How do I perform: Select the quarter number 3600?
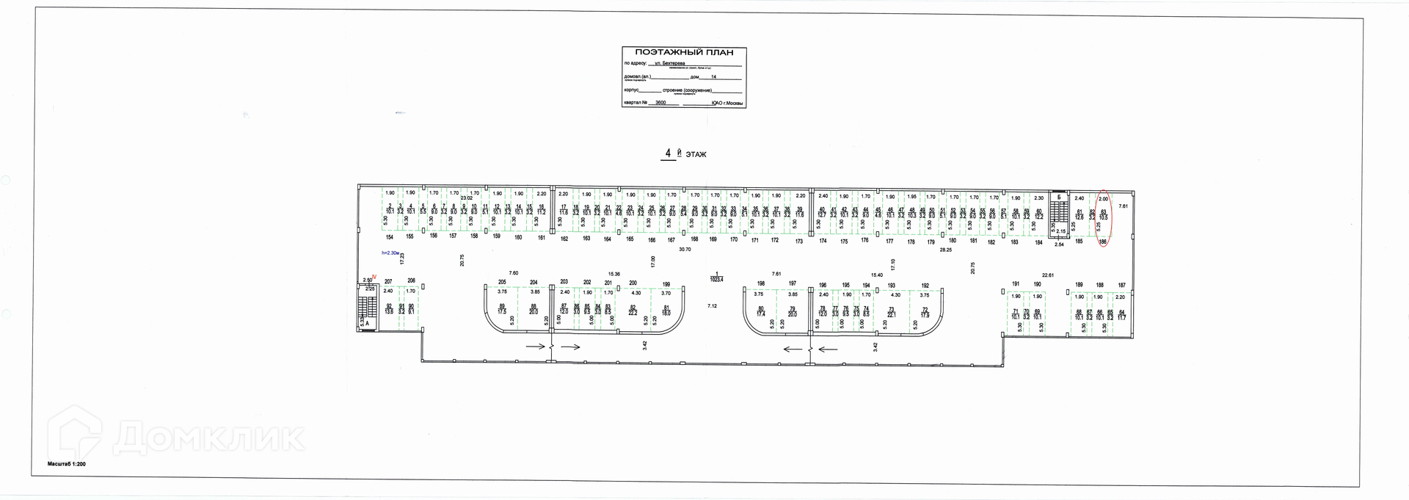pos(660,104)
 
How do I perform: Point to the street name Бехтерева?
pos(665,63)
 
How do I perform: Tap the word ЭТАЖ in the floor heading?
pos(696,154)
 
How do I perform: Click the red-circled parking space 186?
pos(1103,241)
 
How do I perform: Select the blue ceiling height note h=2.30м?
pos(390,253)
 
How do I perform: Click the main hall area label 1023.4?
pos(716,279)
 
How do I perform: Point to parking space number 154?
pos(390,237)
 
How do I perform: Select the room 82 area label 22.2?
pos(633,312)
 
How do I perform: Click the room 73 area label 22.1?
pos(892,314)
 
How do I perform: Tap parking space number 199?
pos(666,284)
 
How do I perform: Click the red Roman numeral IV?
pos(374,278)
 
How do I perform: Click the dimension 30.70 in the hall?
pos(685,250)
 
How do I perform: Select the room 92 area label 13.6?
pos(389,312)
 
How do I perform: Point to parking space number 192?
pos(925,286)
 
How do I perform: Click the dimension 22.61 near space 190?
pos(1048,275)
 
